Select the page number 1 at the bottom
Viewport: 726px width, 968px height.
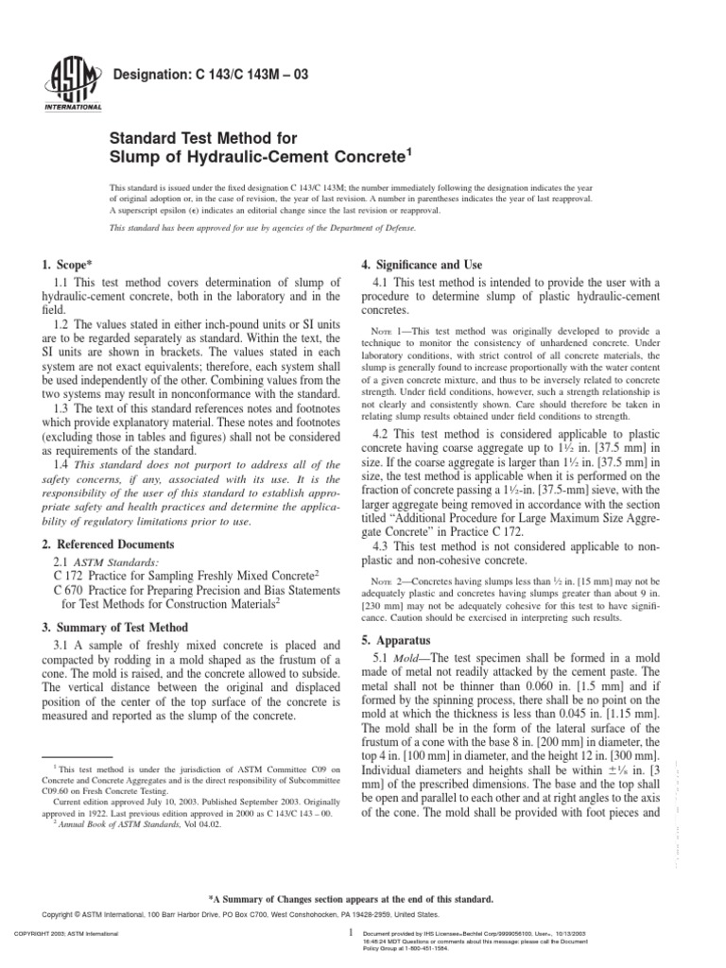(x=350, y=931)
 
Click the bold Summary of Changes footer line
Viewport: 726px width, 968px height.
(x=363, y=899)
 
